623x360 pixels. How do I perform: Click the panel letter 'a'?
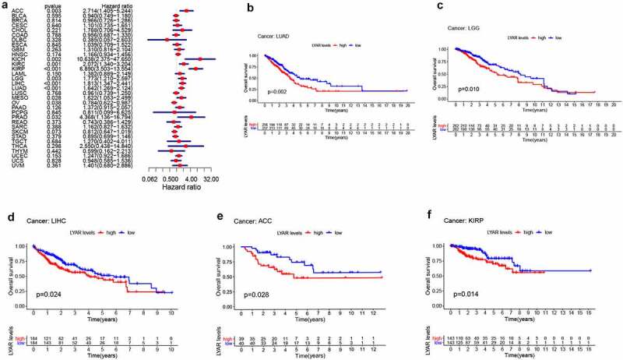[x=5, y=5]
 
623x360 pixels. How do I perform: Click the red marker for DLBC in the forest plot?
[x=166, y=39]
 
